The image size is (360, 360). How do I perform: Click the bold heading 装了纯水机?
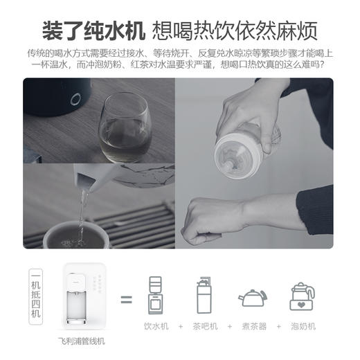pos(93,31)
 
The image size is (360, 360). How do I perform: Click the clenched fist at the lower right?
pos(210,220)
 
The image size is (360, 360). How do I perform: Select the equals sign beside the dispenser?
pos(126,300)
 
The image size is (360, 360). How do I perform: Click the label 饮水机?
pos(155,326)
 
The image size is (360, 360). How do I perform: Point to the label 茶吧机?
pos(205,326)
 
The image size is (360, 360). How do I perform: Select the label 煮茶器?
pos(253,326)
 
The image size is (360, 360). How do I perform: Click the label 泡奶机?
pos(303,326)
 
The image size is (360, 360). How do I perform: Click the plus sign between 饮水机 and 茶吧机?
pos(180,326)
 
